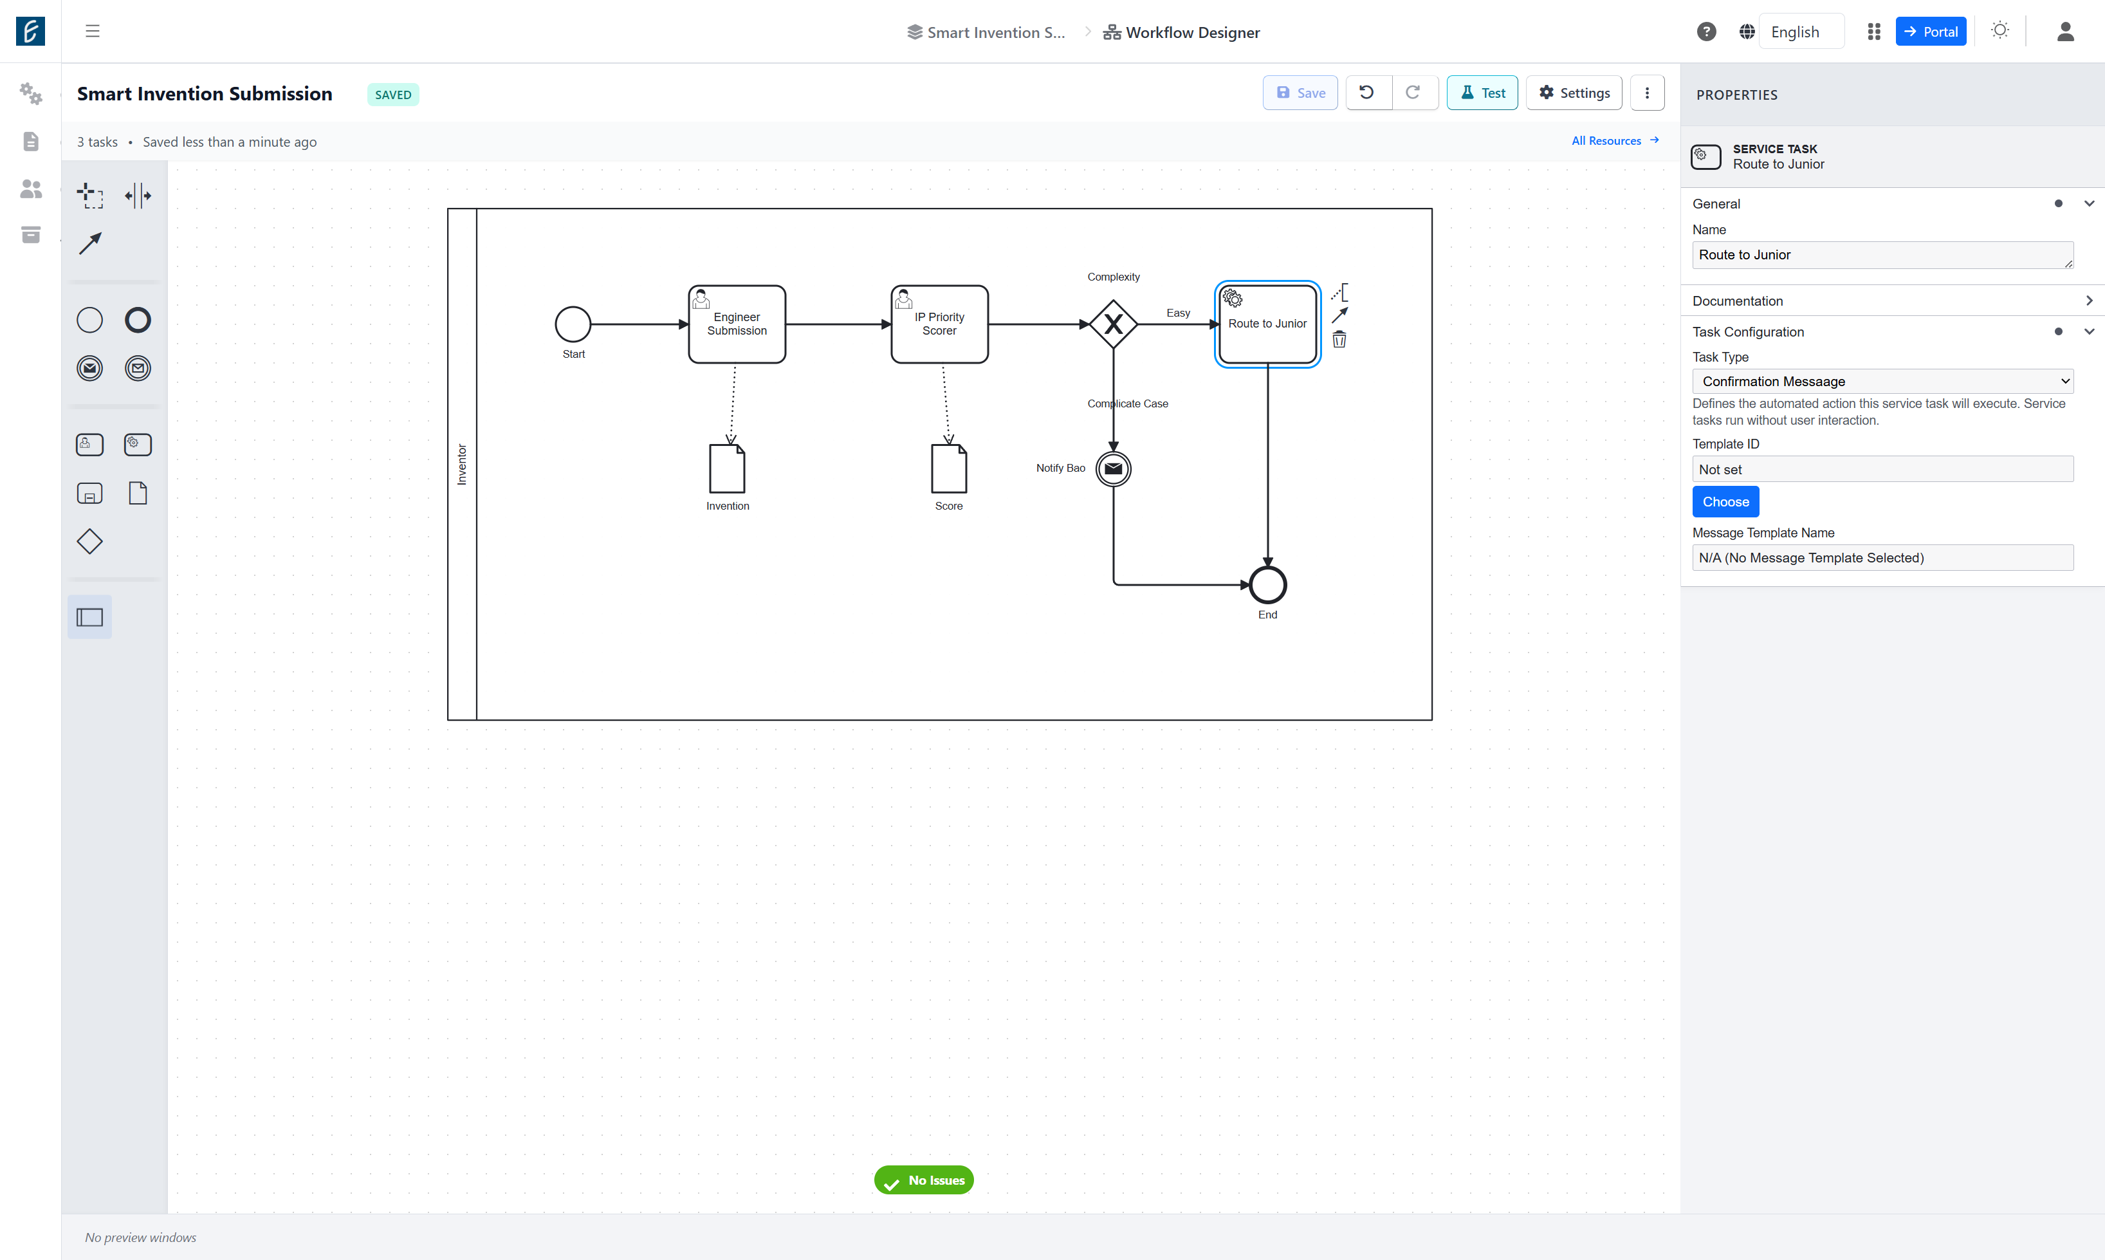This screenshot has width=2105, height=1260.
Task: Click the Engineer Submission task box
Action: pos(737,324)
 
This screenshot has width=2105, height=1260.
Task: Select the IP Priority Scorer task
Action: pos(940,324)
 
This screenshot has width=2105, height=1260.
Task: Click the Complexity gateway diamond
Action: pos(1114,324)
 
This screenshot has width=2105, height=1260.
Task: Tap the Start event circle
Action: pos(573,324)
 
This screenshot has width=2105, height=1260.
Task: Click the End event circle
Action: pos(1267,585)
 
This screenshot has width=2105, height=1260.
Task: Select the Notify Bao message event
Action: pos(1114,468)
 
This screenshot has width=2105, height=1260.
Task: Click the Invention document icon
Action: pos(728,468)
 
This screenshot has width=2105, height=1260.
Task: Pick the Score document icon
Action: pos(949,468)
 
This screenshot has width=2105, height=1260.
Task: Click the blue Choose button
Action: pos(1725,502)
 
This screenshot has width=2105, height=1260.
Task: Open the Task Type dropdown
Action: pos(1882,381)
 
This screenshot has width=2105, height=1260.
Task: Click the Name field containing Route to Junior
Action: pos(1882,255)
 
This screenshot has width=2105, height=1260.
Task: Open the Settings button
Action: pos(1574,93)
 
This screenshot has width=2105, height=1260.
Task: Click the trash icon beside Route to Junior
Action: pos(1339,340)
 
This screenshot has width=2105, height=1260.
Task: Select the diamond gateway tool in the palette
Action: pos(89,542)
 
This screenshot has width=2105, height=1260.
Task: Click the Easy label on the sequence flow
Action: pos(1178,313)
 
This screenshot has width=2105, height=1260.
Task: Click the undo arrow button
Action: pos(1366,93)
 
